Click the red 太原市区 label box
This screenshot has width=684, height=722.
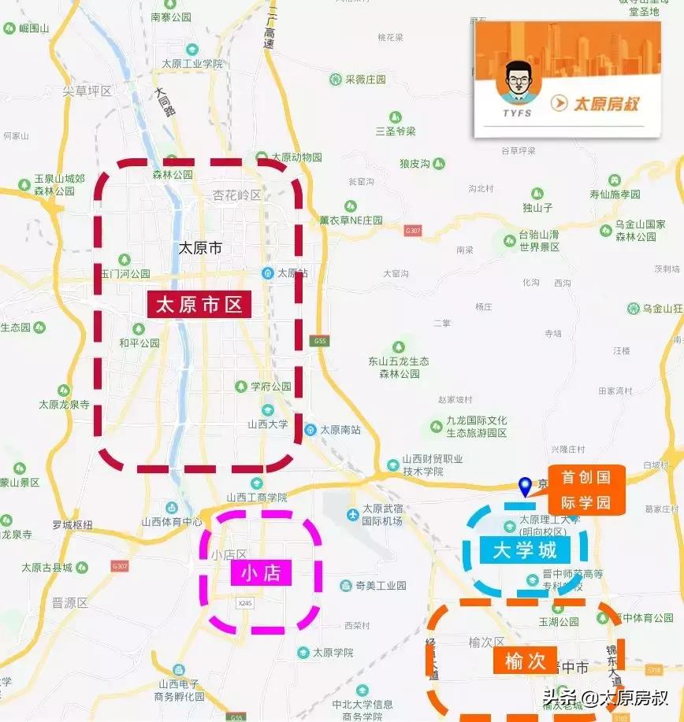(x=199, y=305)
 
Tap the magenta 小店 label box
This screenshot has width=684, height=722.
(x=261, y=572)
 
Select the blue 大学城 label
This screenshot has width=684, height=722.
(x=525, y=550)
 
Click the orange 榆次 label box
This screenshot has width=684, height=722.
(x=526, y=660)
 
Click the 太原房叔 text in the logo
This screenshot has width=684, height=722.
(x=605, y=103)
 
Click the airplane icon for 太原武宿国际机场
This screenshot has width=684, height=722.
(x=353, y=515)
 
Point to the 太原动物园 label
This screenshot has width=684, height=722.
(x=296, y=157)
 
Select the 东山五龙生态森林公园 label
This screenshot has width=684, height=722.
(x=399, y=367)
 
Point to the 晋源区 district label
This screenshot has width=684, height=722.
(x=69, y=603)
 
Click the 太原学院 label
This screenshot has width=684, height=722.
(x=333, y=653)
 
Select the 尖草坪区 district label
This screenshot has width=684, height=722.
(x=87, y=91)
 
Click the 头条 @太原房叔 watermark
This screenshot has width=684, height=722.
(x=604, y=698)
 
